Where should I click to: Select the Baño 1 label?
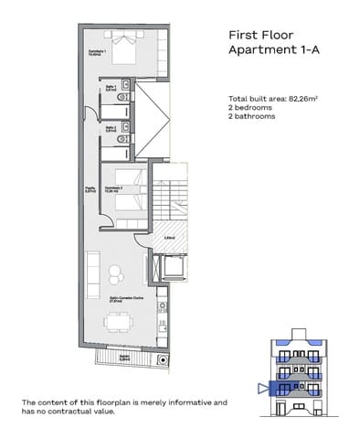point(110,89)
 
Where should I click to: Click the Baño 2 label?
point(110,129)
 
